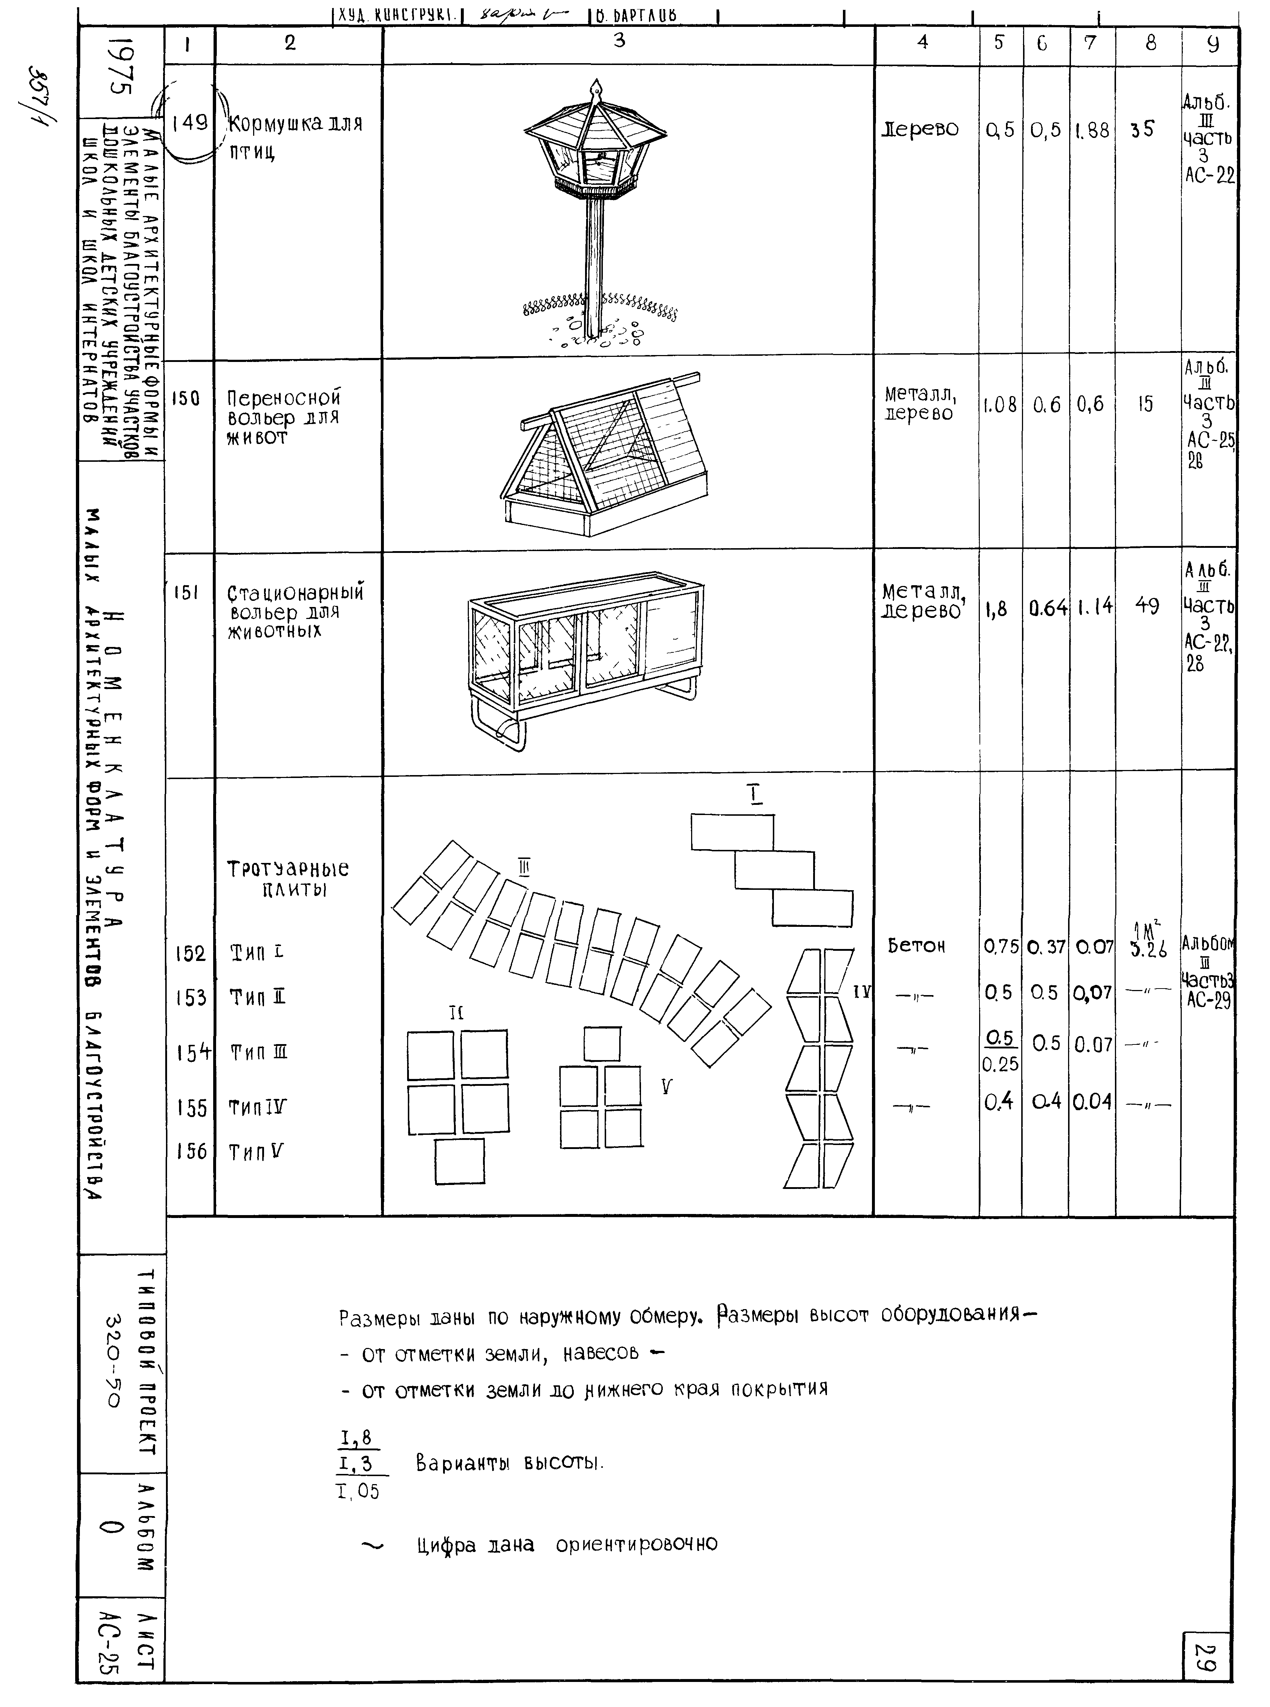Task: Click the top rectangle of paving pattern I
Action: click(x=732, y=832)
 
